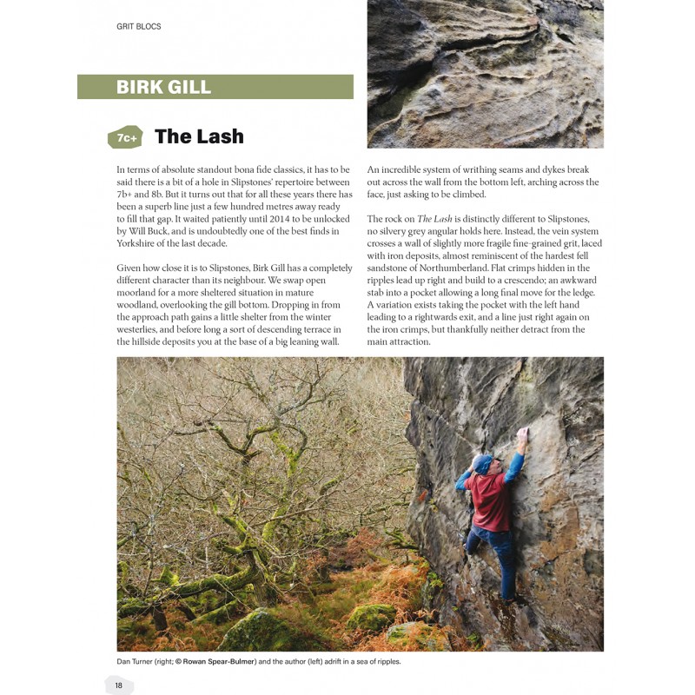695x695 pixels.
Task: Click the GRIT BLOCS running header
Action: point(139,27)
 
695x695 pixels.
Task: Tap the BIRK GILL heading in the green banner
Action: point(164,87)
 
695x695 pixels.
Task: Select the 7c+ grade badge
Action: point(125,137)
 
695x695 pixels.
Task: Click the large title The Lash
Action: point(199,136)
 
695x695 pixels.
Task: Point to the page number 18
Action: point(119,685)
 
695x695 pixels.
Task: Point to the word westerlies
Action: point(139,329)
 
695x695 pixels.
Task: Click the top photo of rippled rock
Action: point(485,74)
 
